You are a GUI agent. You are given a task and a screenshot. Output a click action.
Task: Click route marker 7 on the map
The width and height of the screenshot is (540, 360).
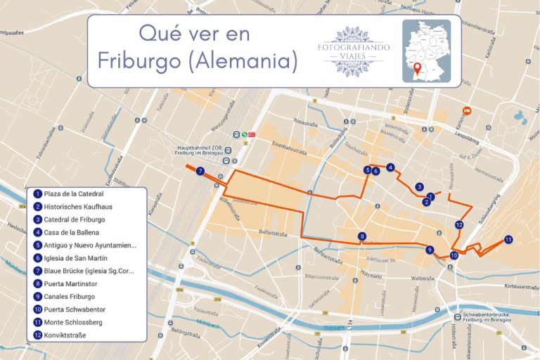[x=200, y=171]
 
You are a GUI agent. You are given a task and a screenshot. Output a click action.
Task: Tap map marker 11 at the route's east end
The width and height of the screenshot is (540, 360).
[x=508, y=240]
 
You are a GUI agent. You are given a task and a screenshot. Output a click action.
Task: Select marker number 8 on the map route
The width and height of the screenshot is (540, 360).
[x=362, y=236]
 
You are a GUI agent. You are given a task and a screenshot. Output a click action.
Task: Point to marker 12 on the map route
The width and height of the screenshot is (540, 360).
[x=458, y=225]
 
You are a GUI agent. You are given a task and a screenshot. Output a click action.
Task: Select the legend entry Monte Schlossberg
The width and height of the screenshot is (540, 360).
[x=72, y=322]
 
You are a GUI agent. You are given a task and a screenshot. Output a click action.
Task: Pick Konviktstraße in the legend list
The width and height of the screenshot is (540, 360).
[x=64, y=335]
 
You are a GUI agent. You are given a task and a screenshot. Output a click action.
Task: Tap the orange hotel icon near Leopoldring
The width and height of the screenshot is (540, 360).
[x=465, y=110]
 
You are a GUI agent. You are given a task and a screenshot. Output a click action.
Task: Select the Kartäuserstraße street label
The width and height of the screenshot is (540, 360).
[x=521, y=286]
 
